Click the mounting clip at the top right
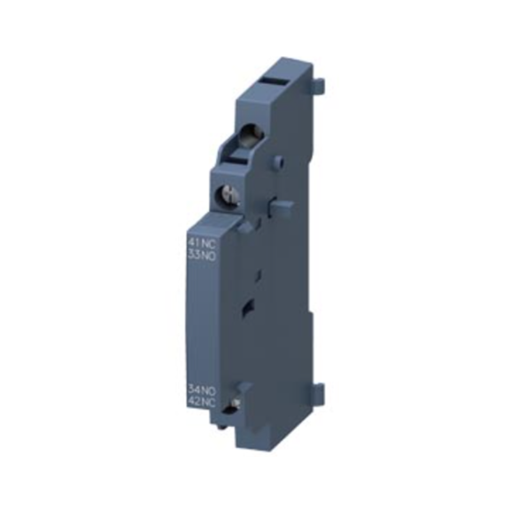click(x=318, y=85)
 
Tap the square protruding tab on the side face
click(x=282, y=207)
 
